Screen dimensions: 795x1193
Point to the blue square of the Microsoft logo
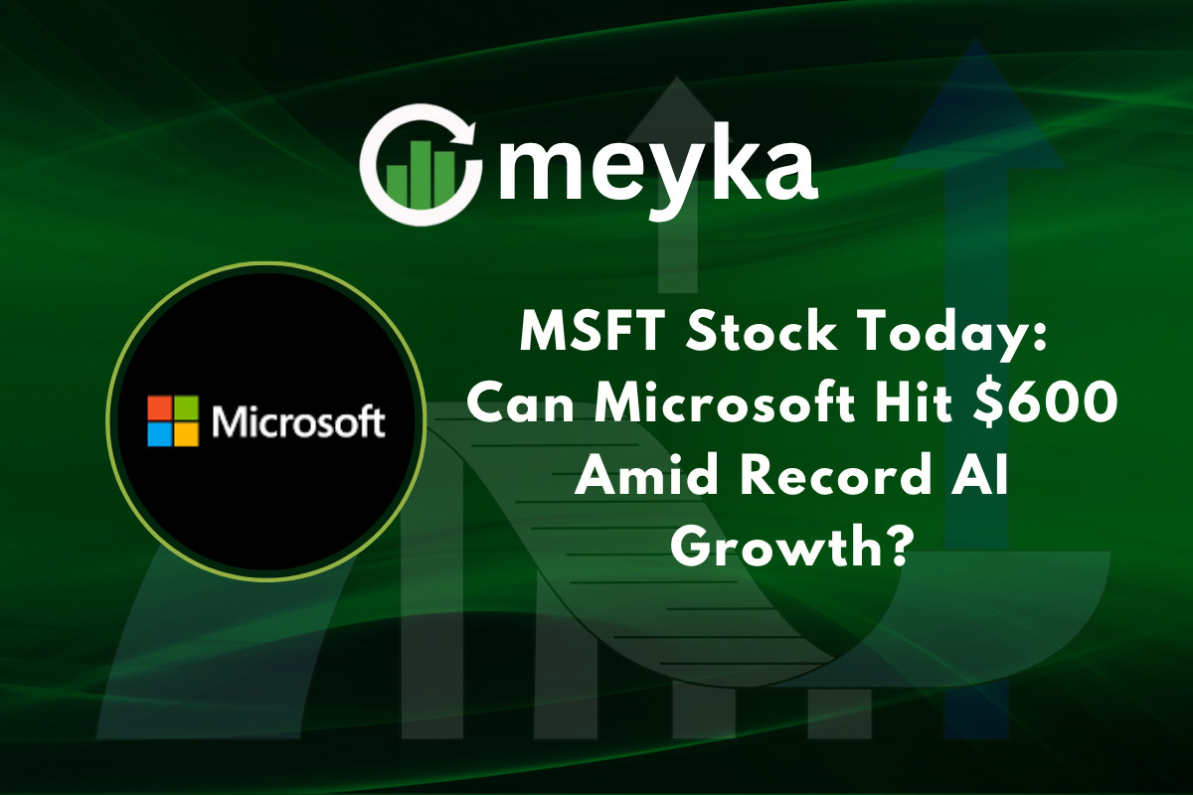coord(159,434)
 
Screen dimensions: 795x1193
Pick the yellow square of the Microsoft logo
coord(185,434)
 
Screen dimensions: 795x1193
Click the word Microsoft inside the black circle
coord(297,422)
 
